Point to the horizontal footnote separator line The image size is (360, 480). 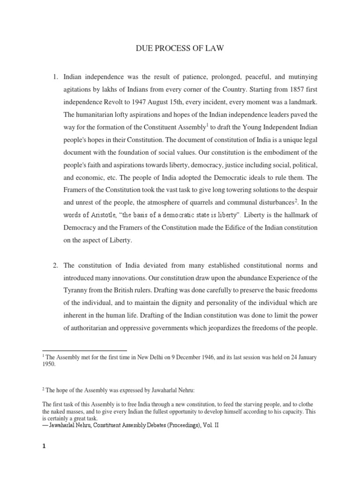tap(84, 351)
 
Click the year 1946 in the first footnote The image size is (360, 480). tap(209, 358)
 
